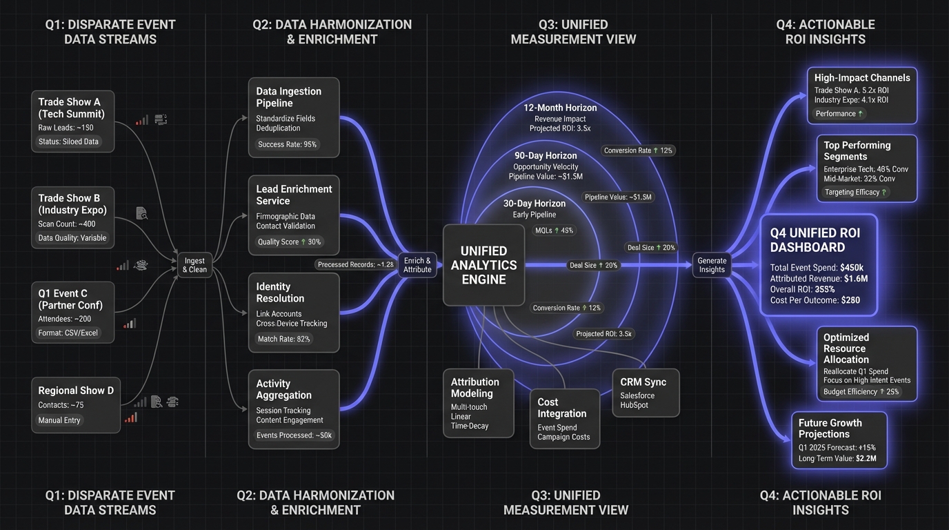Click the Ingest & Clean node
point(194,266)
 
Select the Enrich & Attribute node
point(417,265)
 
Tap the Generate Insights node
point(712,265)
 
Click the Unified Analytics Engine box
point(483,265)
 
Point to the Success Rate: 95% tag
point(287,144)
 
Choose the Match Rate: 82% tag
point(283,339)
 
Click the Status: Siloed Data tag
point(68,141)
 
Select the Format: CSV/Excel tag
point(68,333)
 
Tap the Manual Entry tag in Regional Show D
point(59,420)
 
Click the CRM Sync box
point(646,392)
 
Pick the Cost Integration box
point(564,418)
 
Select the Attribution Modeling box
point(478,404)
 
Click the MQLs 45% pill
point(553,230)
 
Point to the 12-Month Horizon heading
point(560,108)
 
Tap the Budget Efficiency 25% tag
point(861,391)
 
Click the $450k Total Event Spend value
point(852,267)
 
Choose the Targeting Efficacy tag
point(856,193)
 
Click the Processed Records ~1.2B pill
point(356,264)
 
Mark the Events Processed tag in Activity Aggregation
point(294,435)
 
